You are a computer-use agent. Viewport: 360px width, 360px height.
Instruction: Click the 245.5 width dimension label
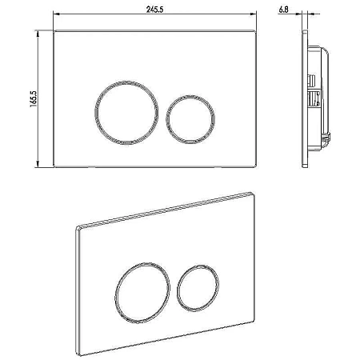point(154,10)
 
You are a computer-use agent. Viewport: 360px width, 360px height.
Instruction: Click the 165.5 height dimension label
point(34,99)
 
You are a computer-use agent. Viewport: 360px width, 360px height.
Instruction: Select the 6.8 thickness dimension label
point(284,10)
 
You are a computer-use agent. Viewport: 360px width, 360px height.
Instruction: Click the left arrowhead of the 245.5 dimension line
point(57,14)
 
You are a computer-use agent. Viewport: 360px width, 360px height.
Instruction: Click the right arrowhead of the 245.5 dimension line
point(253,14)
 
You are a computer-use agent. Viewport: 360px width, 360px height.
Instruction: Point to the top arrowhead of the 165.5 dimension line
point(38,34)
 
